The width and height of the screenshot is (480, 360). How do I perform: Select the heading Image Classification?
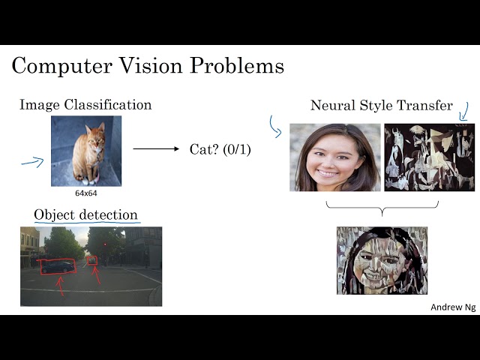(x=85, y=105)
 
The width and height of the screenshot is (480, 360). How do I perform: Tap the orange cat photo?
(x=85, y=150)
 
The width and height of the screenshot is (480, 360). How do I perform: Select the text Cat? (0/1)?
(x=220, y=150)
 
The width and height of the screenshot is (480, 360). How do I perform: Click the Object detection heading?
(x=85, y=215)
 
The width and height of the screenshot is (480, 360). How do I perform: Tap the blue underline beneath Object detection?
(x=85, y=223)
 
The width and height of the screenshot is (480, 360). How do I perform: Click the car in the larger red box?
(x=58, y=266)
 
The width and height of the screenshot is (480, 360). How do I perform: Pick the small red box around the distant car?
(x=92, y=260)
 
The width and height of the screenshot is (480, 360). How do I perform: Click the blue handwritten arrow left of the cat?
(x=32, y=160)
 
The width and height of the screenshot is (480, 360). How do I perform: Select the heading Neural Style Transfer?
(x=381, y=106)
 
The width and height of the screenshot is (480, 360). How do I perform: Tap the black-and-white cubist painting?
(x=429, y=157)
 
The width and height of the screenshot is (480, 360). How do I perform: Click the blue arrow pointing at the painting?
(x=463, y=111)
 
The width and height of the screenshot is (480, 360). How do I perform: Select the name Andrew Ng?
(x=452, y=307)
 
